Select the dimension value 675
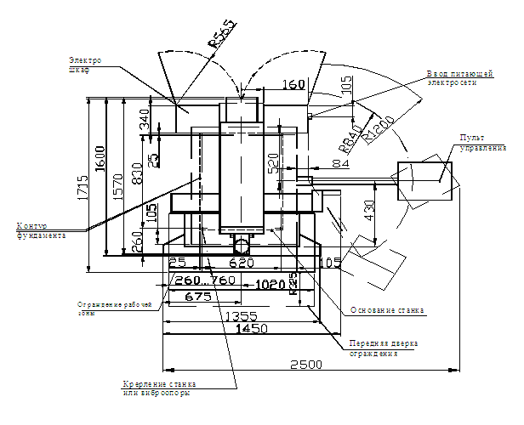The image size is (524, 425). [197, 297]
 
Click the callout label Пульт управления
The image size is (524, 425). [476, 142]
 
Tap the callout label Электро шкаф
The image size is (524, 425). [84, 65]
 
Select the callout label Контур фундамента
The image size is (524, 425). [41, 230]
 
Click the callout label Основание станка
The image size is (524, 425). [387, 310]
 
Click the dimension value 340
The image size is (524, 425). [145, 118]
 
